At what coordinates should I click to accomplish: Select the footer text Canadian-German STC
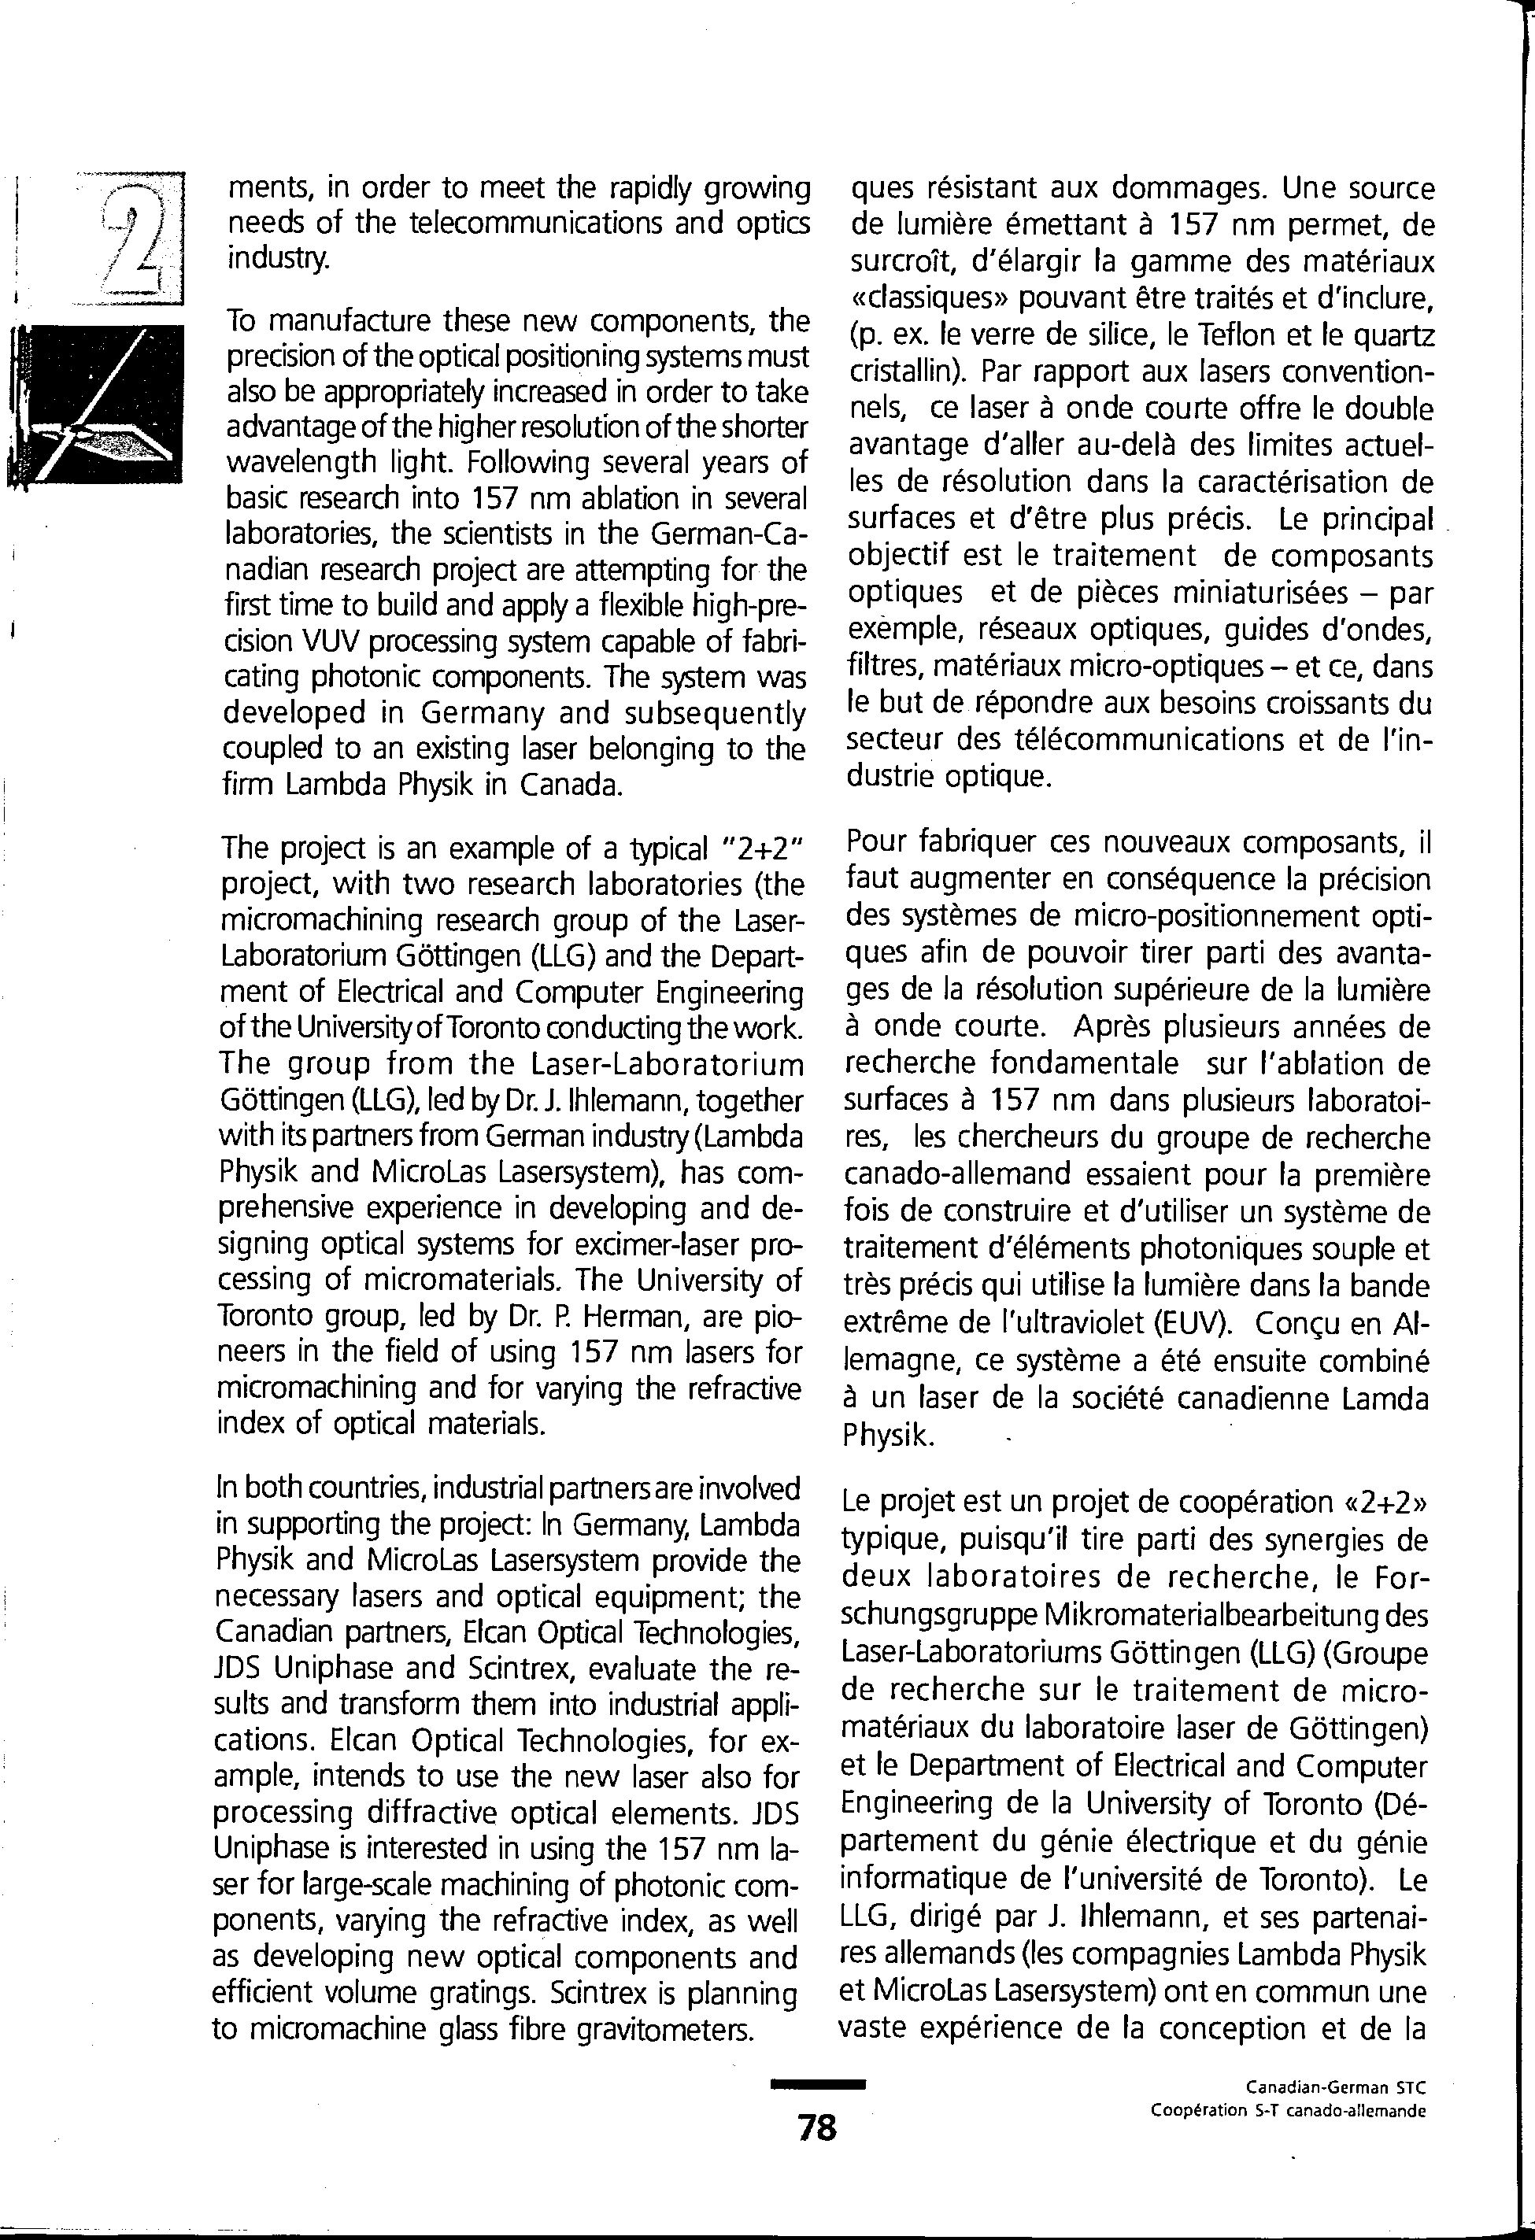click(x=1334, y=2088)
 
